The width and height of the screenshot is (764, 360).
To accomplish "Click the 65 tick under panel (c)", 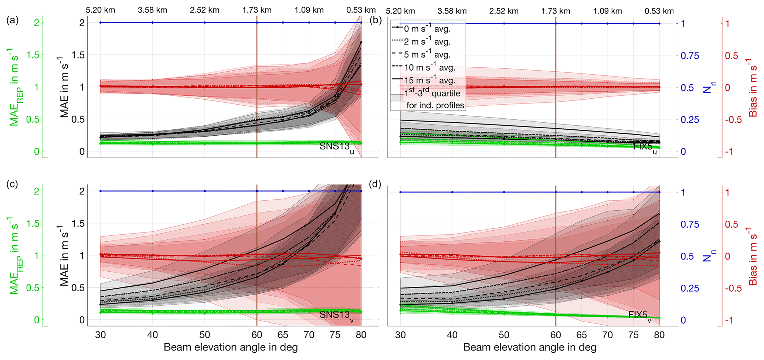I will tap(283, 335).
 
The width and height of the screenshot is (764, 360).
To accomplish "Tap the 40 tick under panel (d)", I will tap(452, 335).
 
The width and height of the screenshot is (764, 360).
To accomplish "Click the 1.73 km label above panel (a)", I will tap(257, 10).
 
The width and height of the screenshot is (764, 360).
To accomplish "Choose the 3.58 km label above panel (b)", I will tap(452, 11).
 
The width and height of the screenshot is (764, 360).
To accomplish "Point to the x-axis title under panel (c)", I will tap(231, 347).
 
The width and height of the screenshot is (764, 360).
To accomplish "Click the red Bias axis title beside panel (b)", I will tap(753, 87).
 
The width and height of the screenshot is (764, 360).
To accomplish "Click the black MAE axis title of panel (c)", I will tap(65, 256).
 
